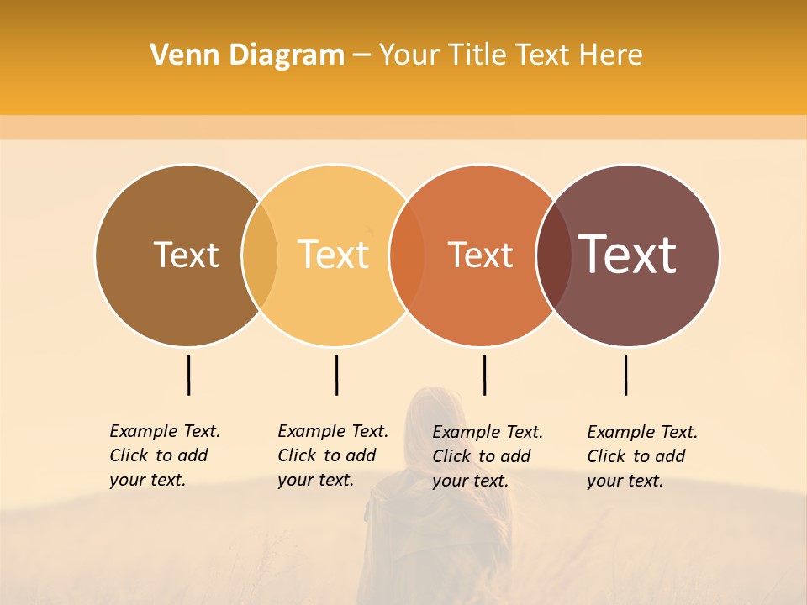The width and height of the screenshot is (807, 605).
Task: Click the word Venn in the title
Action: click(178, 55)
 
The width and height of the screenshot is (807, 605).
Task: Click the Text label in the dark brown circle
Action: click(186, 255)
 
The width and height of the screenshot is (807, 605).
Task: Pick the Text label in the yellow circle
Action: click(334, 255)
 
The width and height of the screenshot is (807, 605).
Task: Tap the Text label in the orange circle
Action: click(480, 255)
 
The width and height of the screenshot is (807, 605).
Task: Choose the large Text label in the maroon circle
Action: click(628, 255)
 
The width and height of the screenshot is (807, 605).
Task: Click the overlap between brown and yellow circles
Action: click(260, 255)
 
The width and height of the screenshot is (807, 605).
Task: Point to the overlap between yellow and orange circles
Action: click(407, 255)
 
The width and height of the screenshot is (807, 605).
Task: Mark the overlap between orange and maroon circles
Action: click(554, 255)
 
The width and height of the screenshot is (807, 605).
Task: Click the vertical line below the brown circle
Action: click(188, 375)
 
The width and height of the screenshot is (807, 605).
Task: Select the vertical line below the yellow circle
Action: click(336, 375)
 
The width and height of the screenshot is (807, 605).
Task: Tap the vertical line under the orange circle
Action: click(484, 375)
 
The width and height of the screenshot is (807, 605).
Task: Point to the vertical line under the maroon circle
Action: click(625, 375)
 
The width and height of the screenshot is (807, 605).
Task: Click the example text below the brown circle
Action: click(164, 455)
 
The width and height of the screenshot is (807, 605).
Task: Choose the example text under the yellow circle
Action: click(332, 455)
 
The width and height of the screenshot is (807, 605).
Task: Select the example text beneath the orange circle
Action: click(487, 456)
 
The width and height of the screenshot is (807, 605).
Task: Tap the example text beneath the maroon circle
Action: click(641, 456)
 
